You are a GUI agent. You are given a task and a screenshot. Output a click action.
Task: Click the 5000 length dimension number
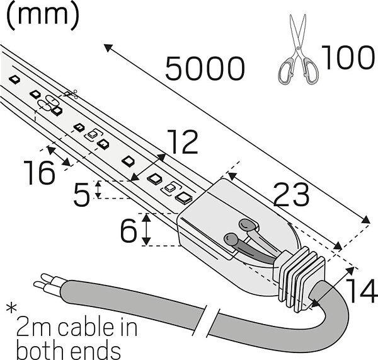205,68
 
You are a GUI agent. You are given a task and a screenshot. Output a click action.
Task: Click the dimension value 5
81,195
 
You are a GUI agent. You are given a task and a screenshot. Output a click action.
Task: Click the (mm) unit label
45,15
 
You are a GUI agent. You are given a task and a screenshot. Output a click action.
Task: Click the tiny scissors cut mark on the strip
70,95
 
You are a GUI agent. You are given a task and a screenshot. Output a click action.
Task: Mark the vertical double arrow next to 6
146,229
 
